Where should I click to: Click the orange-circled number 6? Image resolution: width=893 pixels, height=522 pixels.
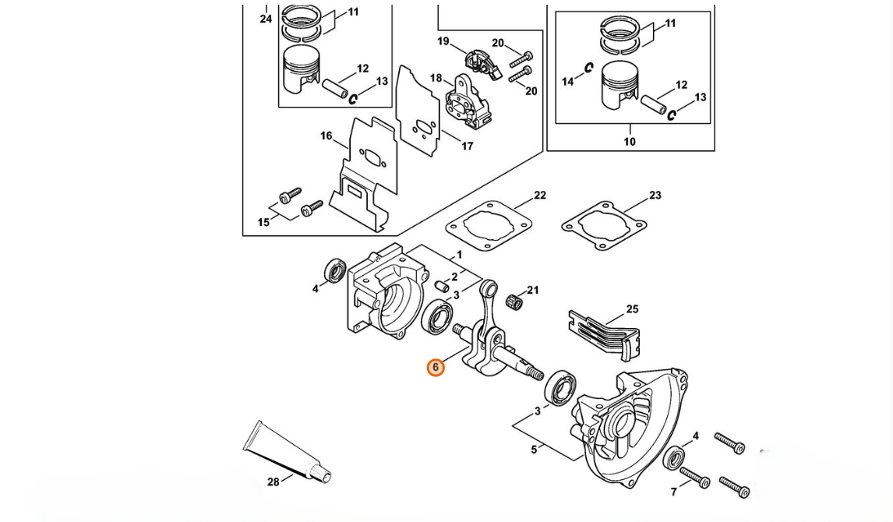pos(435,368)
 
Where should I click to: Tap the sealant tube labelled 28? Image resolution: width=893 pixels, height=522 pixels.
pos(287,451)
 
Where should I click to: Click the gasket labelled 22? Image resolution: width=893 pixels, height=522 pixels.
pos(489,225)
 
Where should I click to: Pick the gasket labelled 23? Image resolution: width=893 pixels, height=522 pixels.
pos(604,225)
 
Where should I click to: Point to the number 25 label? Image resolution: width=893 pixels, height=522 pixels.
pos(632,309)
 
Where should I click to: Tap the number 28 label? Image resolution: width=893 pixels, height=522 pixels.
pos(274,482)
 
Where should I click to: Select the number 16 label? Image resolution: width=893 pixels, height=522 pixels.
pos(326,136)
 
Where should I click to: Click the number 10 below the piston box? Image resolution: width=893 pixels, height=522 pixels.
pos(630,142)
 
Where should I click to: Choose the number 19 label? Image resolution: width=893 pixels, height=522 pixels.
pos(443,41)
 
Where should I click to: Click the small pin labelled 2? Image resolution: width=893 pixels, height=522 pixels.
pos(441,284)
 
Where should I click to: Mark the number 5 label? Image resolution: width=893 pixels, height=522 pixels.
pos(534,450)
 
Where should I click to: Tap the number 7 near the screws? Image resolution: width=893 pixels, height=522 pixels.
pos(674,492)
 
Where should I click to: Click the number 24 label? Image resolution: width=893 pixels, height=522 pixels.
pos(266,19)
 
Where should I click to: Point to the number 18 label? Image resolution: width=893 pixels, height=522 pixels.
pos(436,78)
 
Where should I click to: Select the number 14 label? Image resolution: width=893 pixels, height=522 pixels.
pos(568,81)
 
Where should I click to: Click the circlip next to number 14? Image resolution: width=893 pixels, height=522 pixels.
pos(589,68)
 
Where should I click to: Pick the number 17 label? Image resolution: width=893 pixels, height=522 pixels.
pos(467,146)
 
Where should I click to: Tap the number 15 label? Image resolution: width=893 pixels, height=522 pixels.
pos(263,222)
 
